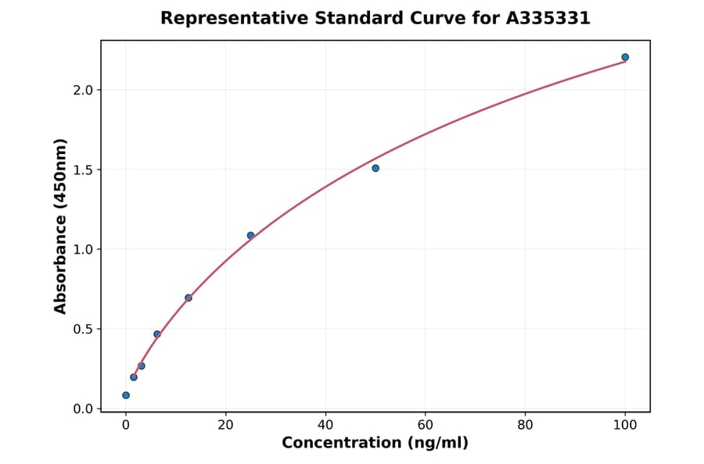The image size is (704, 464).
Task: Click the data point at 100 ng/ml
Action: coord(625,57)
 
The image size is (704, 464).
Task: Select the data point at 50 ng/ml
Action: coord(375,168)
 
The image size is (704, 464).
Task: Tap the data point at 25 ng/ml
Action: coord(250,235)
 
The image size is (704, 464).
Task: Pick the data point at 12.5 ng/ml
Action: coord(189,298)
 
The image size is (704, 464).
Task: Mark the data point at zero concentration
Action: coord(126,395)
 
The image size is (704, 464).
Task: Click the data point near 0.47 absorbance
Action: coord(157,334)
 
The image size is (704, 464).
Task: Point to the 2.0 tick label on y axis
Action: coord(83,90)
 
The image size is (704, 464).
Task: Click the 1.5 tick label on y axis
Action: coord(83,170)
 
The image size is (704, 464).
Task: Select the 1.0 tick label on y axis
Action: coord(83,249)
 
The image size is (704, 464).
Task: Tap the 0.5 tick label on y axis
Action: coord(83,329)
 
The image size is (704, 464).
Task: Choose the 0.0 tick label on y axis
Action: coord(83,409)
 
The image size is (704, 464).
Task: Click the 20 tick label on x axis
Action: coord(225,425)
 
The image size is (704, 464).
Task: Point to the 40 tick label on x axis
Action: coord(325,425)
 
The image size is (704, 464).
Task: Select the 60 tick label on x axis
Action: coord(426,425)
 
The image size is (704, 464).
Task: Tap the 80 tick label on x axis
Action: coord(525,425)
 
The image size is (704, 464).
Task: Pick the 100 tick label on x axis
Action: coord(625,425)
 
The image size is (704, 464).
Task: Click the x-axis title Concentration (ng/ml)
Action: coord(375,444)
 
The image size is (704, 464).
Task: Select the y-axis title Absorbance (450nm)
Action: coord(61,226)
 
